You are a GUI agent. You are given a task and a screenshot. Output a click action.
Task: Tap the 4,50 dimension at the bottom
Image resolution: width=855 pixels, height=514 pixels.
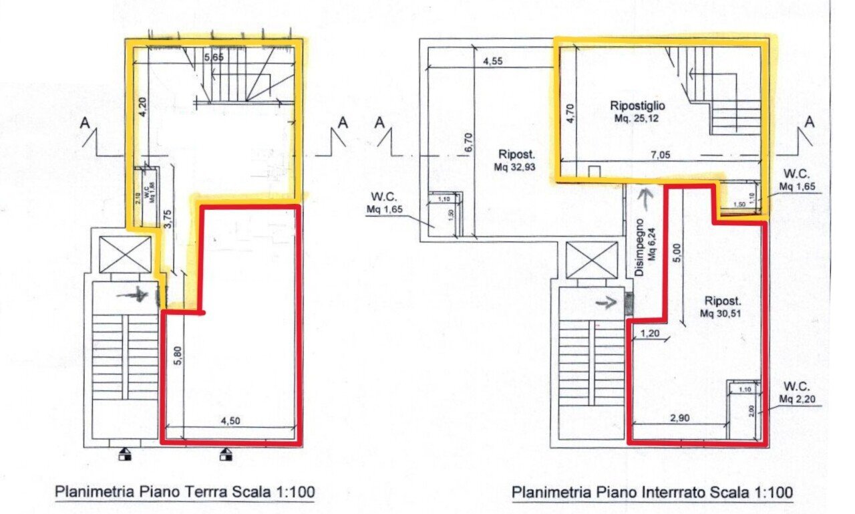pyautogui.click(x=230, y=421)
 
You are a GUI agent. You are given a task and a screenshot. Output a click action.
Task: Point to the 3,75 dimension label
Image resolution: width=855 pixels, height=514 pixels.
pyautogui.click(x=168, y=221)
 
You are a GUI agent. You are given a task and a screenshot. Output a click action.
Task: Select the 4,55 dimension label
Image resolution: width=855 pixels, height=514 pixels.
pyautogui.click(x=492, y=61)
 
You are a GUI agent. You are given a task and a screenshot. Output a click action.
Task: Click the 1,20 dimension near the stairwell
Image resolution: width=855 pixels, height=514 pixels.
pyautogui.click(x=650, y=334)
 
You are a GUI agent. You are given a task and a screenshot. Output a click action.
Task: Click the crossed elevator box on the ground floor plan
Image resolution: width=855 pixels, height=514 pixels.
pyautogui.click(x=125, y=255)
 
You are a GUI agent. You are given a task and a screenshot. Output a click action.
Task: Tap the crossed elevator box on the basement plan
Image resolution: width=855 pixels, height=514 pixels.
pyautogui.click(x=591, y=259)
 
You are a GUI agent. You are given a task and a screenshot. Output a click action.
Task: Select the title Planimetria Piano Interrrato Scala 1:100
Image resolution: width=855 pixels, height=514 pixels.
pyautogui.click(x=652, y=493)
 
